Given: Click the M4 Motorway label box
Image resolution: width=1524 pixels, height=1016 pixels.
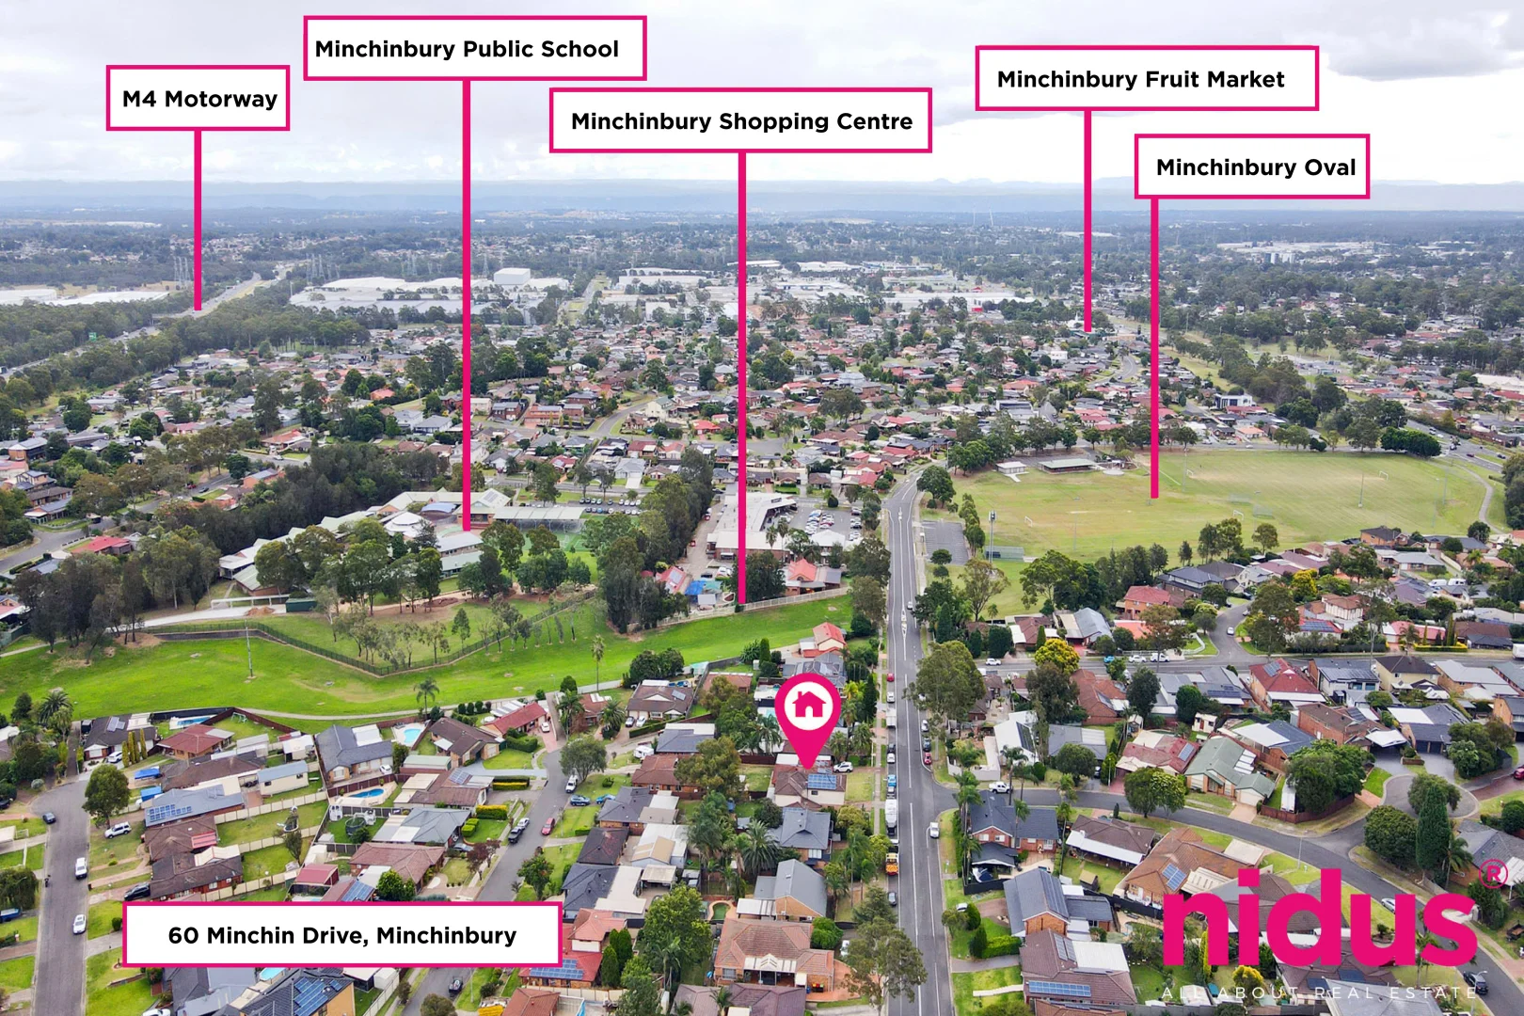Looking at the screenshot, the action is click(198, 98).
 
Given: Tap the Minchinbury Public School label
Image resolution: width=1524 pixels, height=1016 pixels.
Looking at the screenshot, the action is click(474, 48).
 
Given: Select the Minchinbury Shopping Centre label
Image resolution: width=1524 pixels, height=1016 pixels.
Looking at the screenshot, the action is click(740, 120).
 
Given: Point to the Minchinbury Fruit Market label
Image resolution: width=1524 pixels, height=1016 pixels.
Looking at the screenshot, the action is click(1147, 78).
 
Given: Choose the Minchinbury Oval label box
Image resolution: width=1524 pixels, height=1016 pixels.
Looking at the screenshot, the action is click(1252, 167).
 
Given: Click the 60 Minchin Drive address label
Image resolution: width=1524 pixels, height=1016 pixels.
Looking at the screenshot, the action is click(342, 935).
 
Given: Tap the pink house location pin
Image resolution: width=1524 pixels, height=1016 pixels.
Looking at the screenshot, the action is click(808, 718).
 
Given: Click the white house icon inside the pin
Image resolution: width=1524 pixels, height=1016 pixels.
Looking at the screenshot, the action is click(808, 705).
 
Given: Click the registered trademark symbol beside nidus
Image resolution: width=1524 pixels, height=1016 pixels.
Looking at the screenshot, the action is click(1493, 875).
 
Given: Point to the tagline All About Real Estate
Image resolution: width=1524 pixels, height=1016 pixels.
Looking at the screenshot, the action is click(1319, 992).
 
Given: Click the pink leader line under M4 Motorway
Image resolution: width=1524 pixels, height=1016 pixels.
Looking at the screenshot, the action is click(198, 220).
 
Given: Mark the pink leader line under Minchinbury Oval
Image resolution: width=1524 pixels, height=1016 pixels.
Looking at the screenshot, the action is click(1154, 348).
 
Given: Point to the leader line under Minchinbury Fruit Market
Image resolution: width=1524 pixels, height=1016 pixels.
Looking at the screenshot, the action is click(1087, 220).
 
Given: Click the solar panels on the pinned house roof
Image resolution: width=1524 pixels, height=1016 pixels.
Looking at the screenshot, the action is click(821, 781).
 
